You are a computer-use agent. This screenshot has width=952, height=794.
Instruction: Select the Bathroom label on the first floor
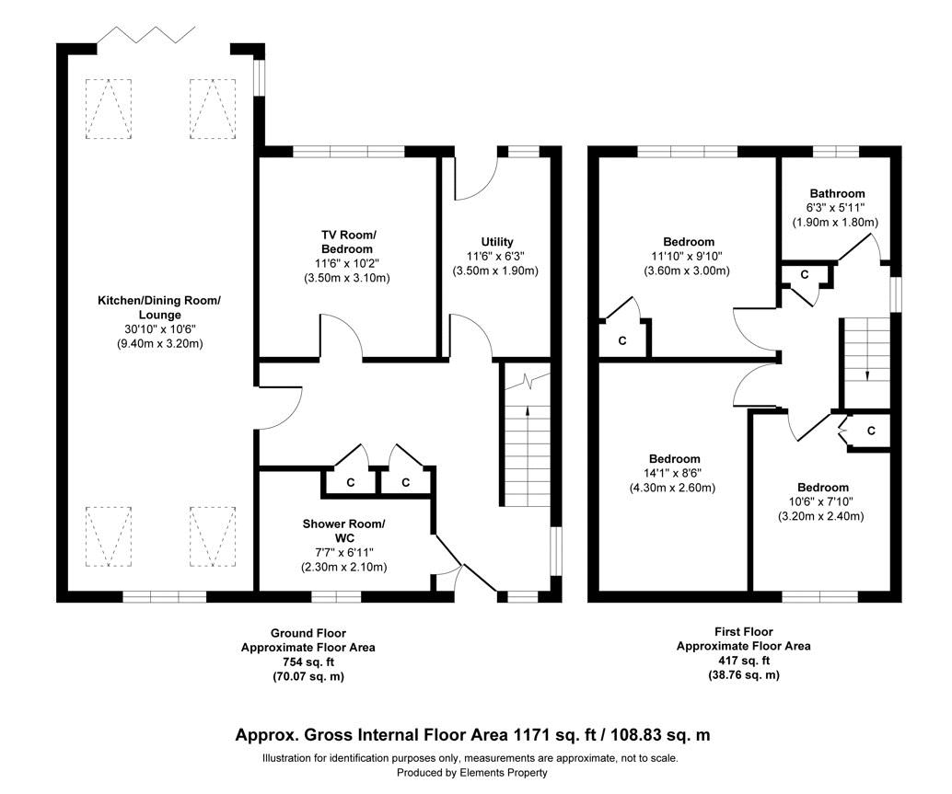837,193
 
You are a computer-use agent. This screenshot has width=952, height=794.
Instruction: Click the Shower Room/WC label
344,531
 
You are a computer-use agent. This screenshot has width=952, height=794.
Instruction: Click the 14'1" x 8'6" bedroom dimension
674,474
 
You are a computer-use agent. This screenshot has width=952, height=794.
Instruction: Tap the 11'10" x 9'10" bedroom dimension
686,257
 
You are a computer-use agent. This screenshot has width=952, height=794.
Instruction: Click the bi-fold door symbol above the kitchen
147,37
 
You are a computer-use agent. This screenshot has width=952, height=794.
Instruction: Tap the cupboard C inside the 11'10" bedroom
622,340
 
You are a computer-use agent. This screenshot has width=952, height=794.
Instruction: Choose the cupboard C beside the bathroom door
804,274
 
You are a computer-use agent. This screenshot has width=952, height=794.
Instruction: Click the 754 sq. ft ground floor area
308,662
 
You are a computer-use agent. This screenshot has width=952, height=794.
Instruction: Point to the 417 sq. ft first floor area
743,661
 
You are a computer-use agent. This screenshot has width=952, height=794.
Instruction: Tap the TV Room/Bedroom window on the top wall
348,151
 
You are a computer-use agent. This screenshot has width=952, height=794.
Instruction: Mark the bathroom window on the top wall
836,151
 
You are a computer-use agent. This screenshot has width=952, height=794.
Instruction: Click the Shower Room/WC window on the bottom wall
336,597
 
